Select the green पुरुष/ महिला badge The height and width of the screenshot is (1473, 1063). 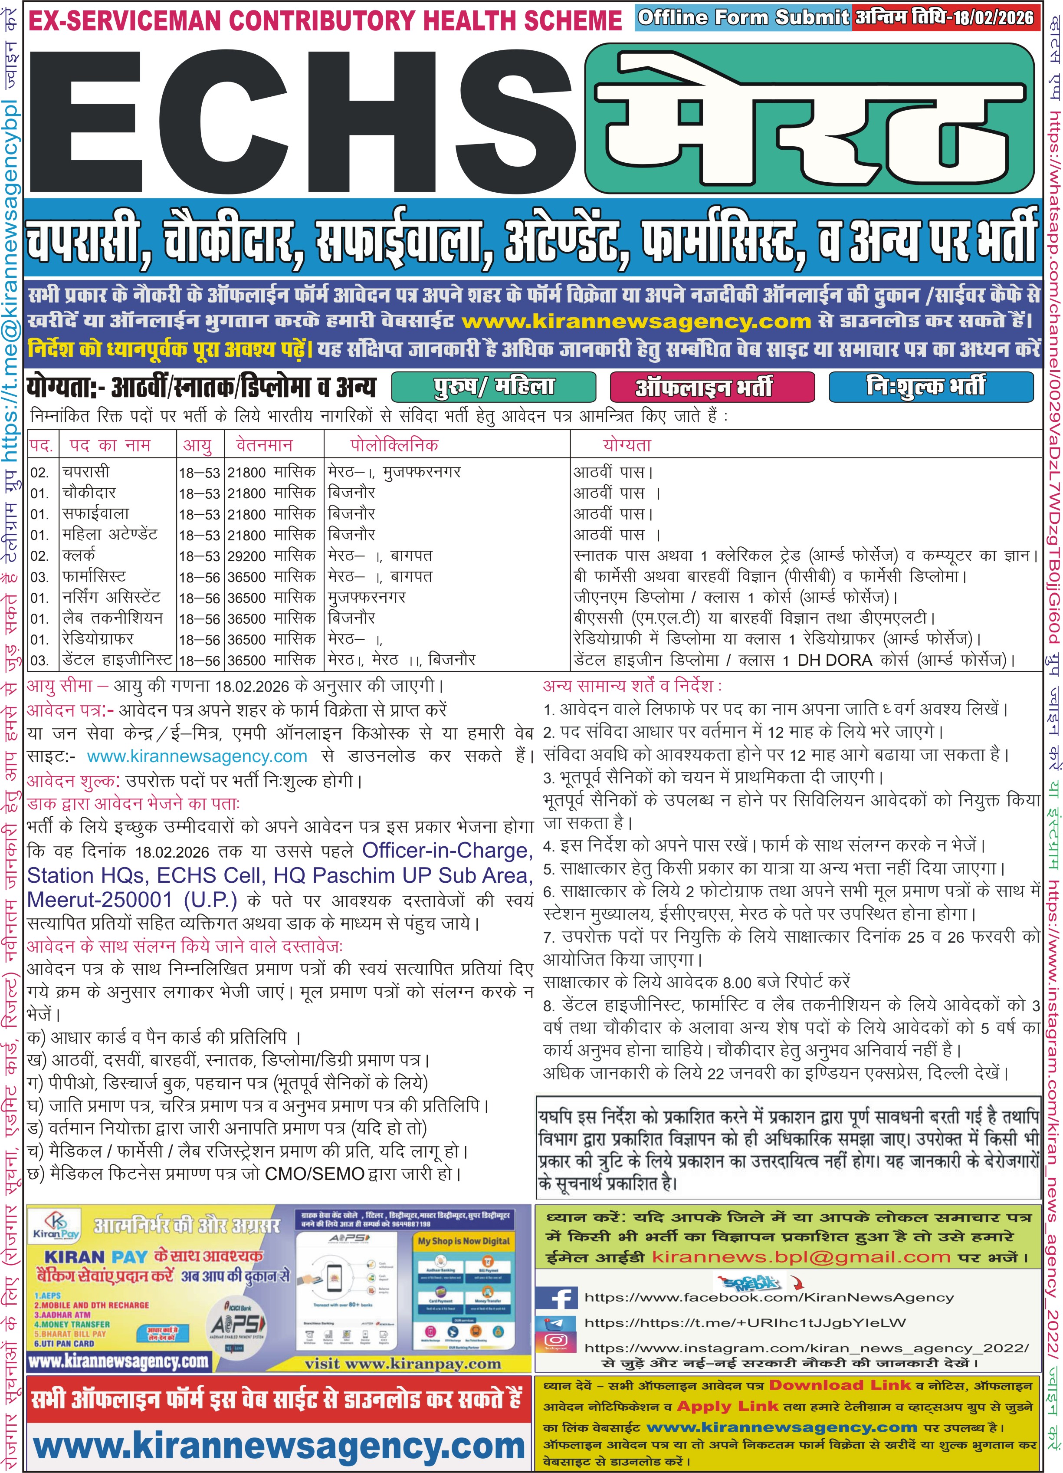494,387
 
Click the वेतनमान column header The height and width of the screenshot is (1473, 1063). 264,445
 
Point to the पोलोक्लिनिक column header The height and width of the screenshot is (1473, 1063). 394,445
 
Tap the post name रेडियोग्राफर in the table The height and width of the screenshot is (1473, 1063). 98,639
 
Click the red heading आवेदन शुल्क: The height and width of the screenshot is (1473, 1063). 73,780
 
